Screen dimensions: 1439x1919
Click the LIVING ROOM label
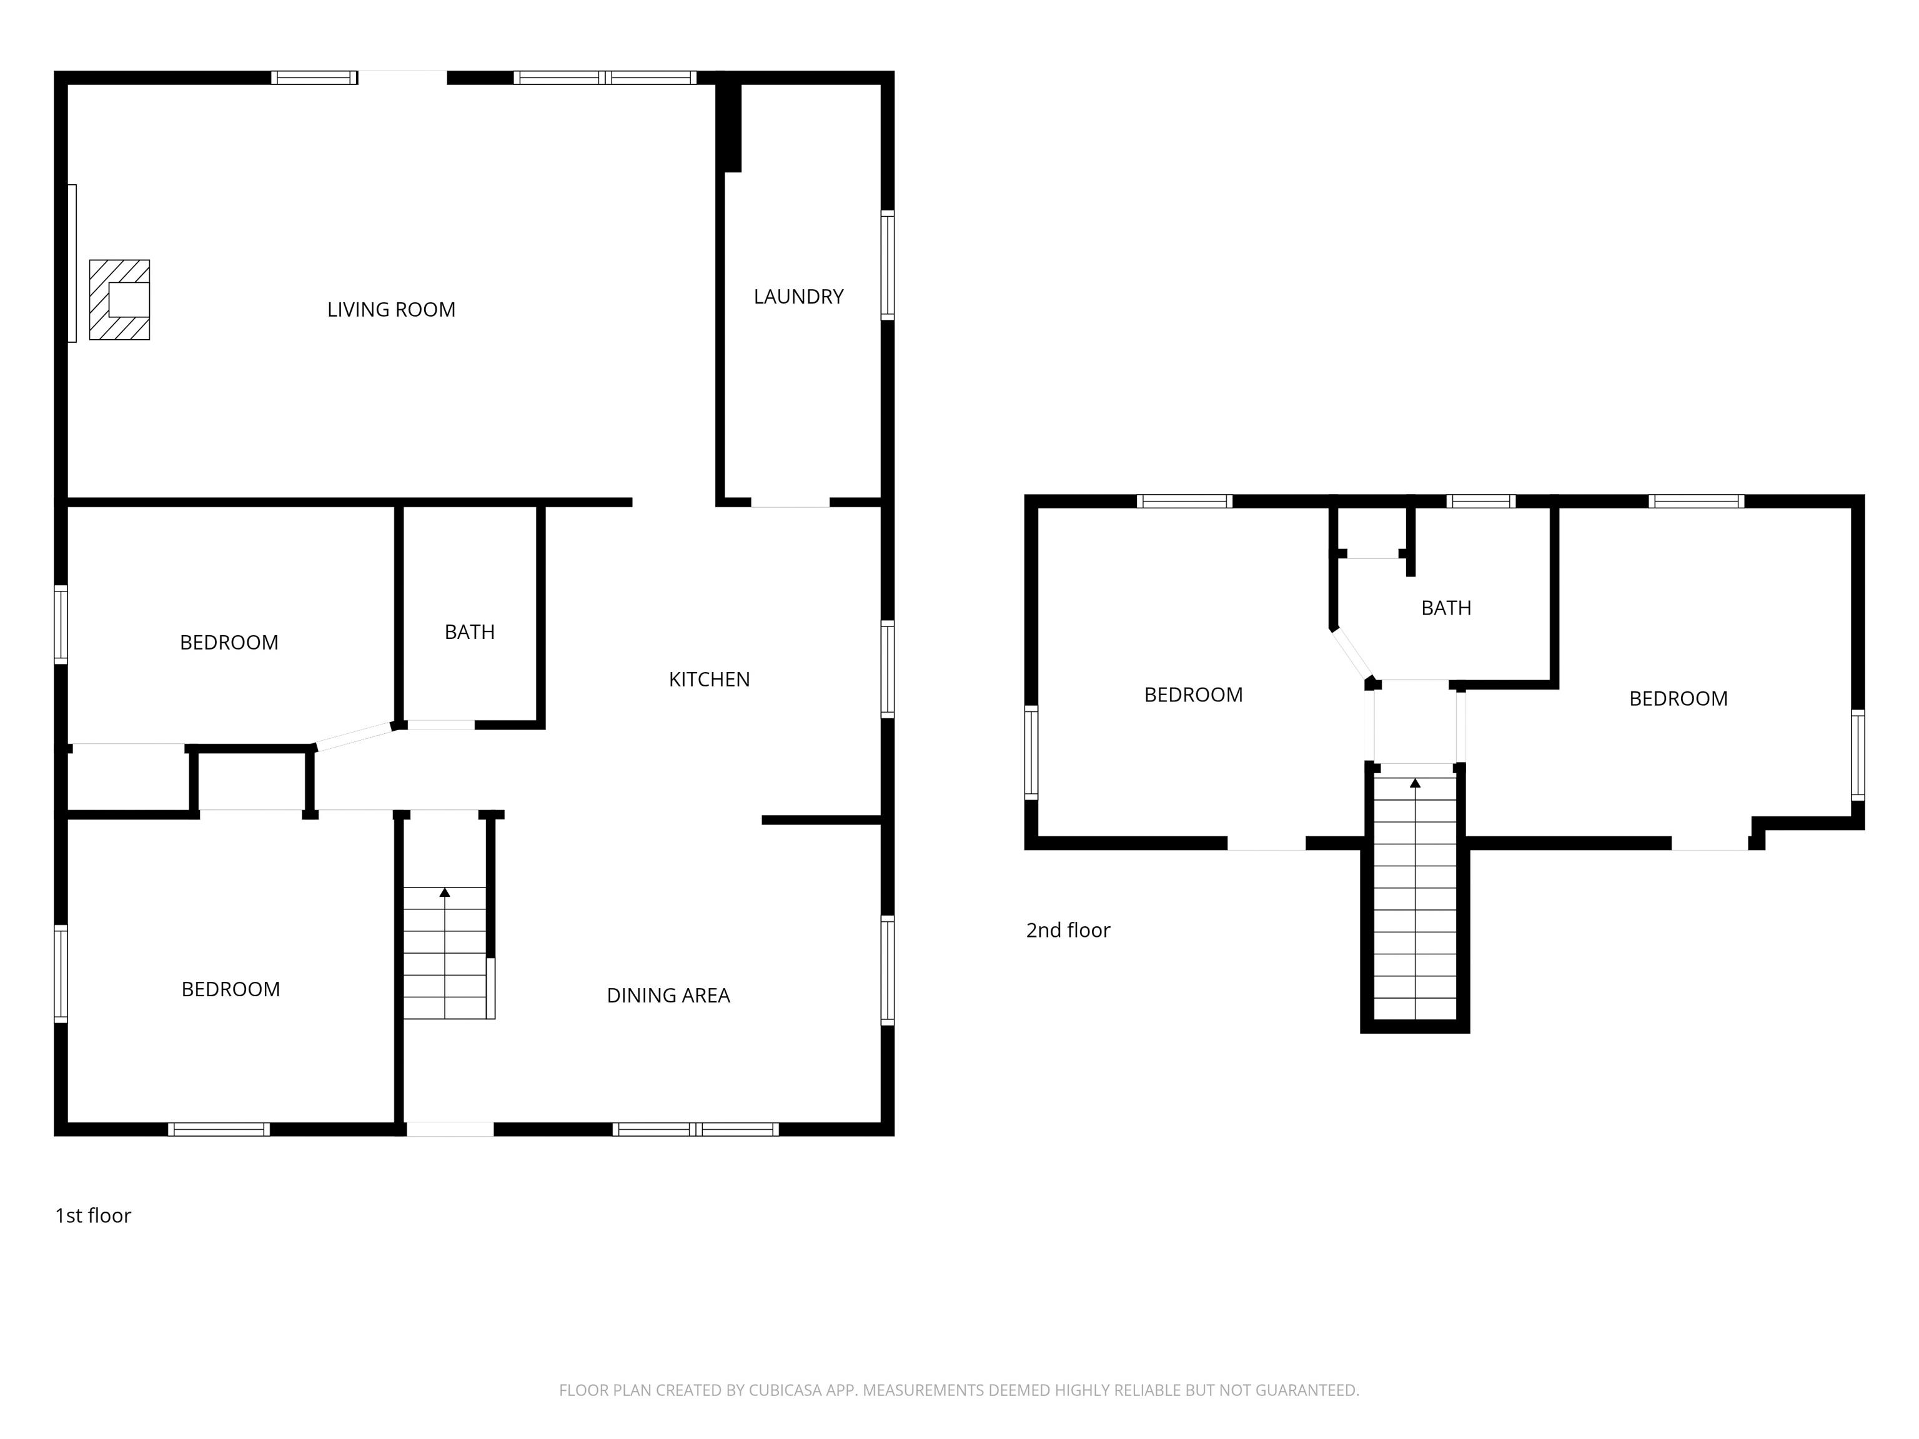pyautogui.click(x=390, y=310)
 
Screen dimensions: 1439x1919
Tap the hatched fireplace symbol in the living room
pyautogui.click(x=120, y=300)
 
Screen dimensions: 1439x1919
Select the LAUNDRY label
pyautogui.click(x=798, y=297)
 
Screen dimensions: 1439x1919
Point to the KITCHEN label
pyautogui.click(x=709, y=679)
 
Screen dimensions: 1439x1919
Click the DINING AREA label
pyautogui.click(x=668, y=996)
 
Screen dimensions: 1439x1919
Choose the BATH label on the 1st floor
pyautogui.click(x=469, y=632)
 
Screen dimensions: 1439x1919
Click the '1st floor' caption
pyautogui.click(x=93, y=1215)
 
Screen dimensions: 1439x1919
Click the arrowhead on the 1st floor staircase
pyautogui.click(x=445, y=892)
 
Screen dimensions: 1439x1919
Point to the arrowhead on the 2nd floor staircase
pyautogui.click(x=1415, y=783)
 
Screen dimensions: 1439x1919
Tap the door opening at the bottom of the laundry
pyautogui.click(x=790, y=502)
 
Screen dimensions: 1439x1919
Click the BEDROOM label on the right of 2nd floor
pyautogui.click(x=1677, y=698)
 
